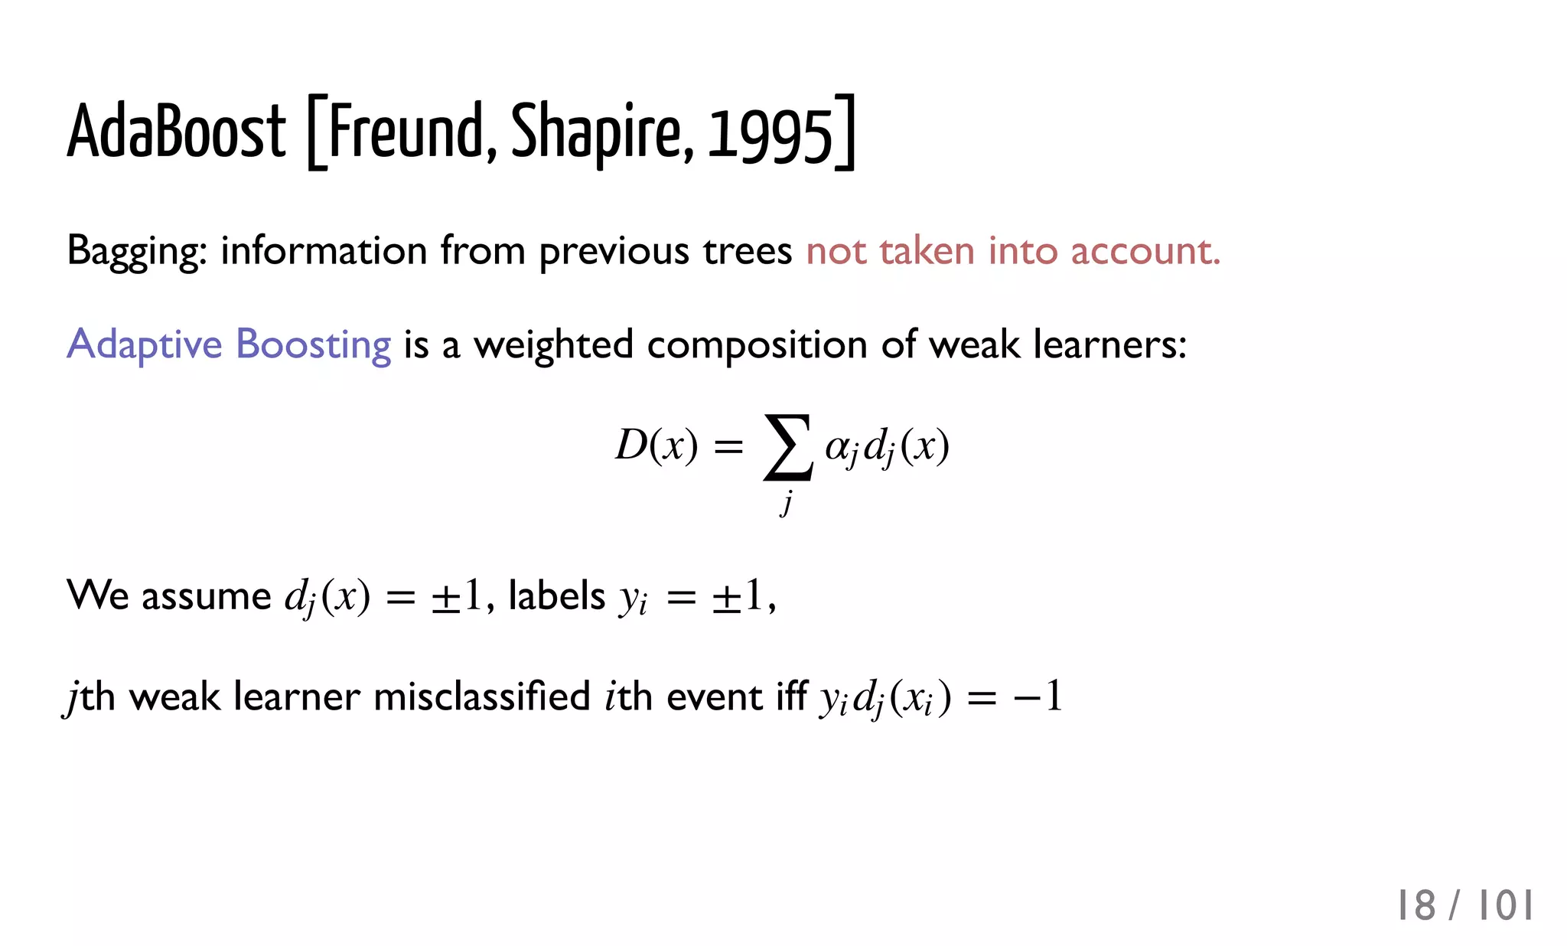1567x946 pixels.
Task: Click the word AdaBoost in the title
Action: [177, 132]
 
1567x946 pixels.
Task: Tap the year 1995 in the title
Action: [769, 136]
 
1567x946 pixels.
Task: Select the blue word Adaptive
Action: [145, 345]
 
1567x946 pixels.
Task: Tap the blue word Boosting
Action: [313, 345]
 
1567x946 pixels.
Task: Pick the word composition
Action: [757, 345]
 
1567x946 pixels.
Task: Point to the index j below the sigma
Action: [787, 504]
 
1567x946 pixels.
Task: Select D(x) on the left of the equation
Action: [656, 445]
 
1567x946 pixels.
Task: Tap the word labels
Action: [556, 595]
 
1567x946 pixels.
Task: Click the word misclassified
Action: [481, 696]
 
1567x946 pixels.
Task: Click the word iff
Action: [791, 696]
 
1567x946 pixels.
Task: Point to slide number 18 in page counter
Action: [1416, 906]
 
